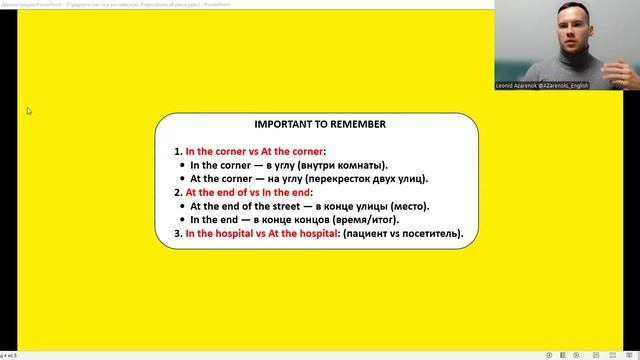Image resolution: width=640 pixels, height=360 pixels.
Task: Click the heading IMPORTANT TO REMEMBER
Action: pos(319,126)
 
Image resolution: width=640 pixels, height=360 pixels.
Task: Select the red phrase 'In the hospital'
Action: pos(221,234)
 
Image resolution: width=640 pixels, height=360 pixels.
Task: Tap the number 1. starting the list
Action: pos(178,151)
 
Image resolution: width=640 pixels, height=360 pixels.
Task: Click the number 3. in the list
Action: pos(178,234)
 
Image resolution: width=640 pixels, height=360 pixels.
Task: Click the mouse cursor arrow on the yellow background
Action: pos(29,111)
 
